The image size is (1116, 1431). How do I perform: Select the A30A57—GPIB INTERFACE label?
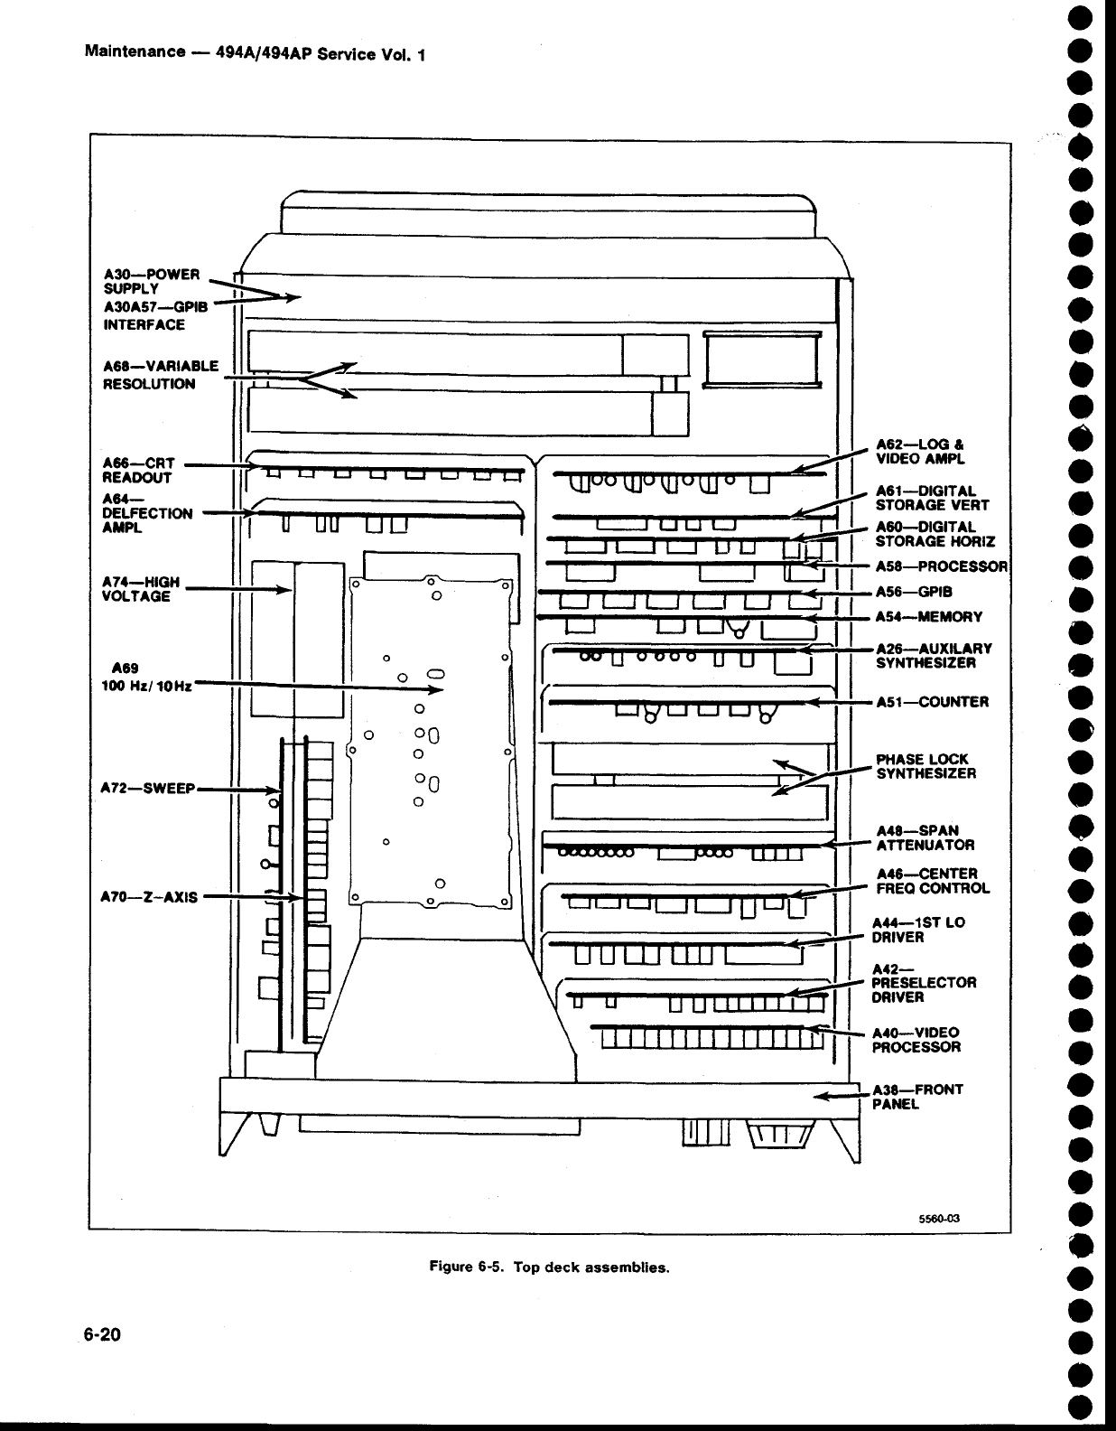(156, 315)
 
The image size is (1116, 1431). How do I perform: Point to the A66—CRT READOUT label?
(138, 470)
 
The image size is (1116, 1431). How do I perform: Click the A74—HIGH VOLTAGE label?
(142, 589)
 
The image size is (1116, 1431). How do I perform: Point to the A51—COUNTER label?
(932, 702)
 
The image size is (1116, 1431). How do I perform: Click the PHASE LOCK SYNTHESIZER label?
(925, 766)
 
